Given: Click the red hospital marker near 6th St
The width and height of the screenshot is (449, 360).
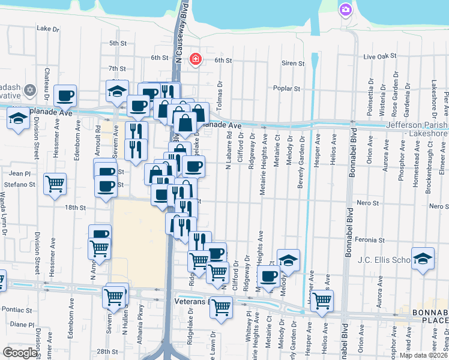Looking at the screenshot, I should coord(195,59).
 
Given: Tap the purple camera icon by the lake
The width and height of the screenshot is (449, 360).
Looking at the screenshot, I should coord(345,9).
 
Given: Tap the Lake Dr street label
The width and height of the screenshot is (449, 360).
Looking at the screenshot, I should coord(48,28).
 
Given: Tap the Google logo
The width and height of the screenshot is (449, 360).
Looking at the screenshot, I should coord(20,352).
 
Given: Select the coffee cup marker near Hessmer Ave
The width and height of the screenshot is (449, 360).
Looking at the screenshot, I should coord(65,95).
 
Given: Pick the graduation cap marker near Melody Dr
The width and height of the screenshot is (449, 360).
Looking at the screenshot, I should coord(288,260).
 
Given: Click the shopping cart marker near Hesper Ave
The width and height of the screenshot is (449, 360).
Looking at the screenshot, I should coord(322,299).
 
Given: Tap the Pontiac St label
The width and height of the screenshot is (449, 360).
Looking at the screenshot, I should coord(17,310).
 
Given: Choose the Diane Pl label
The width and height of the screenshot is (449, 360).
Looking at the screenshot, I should coord(22,324).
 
